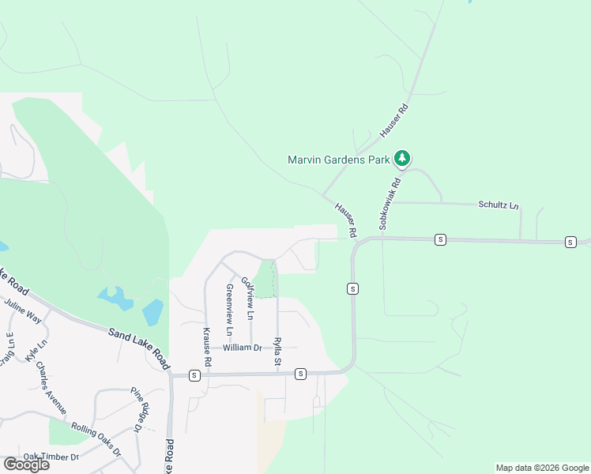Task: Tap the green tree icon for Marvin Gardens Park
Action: (402, 159)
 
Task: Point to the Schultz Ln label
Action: (499, 205)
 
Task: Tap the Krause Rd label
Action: (208, 347)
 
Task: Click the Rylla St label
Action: (277, 352)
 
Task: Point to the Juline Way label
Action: (21, 311)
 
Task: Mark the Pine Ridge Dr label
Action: (136, 409)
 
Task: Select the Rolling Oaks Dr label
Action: (96, 438)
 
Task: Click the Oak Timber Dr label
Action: (51, 457)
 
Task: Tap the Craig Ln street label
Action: (8, 349)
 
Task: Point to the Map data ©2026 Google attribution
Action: (542, 468)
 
